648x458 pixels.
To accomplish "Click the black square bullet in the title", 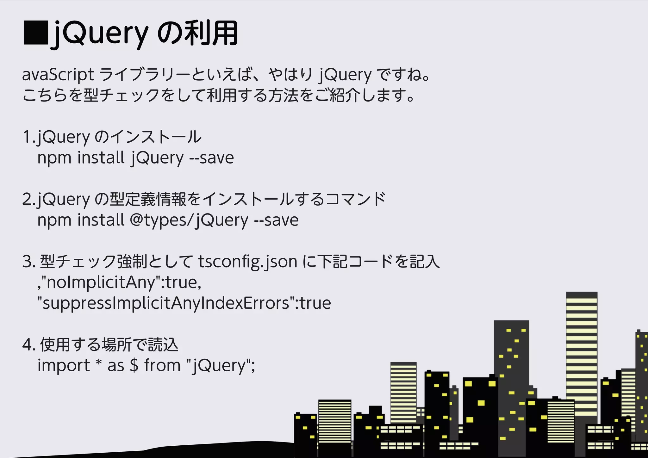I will (x=35, y=32).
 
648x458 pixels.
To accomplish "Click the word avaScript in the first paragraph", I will (x=58, y=75).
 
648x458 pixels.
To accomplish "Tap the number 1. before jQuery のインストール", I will (x=29, y=137).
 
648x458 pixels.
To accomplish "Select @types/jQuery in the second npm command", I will (x=189, y=220).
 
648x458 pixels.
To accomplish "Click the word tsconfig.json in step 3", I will (x=248, y=262).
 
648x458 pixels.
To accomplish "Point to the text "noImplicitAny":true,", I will (x=120, y=282).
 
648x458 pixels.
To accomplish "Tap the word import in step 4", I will (x=64, y=366).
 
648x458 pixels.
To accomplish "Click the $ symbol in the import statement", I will (x=134, y=366).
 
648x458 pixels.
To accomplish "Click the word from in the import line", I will (x=162, y=366).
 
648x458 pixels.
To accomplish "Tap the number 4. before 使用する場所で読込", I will (x=29, y=345).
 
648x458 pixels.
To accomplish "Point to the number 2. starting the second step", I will (x=29, y=200).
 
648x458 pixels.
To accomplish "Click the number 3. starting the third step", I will (x=29, y=262).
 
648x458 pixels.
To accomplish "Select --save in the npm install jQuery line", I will (x=211, y=158).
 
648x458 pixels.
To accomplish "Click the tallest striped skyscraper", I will (x=581, y=354).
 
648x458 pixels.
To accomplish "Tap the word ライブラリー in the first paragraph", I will (x=145, y=75).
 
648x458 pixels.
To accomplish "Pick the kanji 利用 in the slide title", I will (x=211, y=33).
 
